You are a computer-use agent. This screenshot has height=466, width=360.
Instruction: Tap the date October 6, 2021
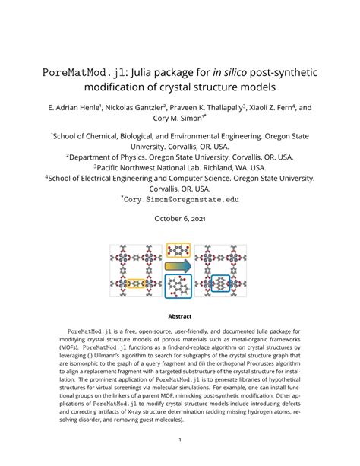click(x=180, y=219)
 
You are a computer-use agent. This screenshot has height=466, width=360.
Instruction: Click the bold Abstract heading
click(x=180, y=316)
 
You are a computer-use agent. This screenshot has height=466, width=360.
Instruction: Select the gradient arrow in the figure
click(x=179, y=267)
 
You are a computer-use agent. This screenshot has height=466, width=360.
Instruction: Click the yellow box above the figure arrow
click(x=179, y=251)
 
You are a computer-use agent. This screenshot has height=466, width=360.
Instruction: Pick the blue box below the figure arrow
click(x=179, y=287)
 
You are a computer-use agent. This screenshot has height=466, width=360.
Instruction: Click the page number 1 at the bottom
click(x=180, y=439)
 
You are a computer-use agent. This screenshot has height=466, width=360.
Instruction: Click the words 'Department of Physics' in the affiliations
click(x=114, y=156)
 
